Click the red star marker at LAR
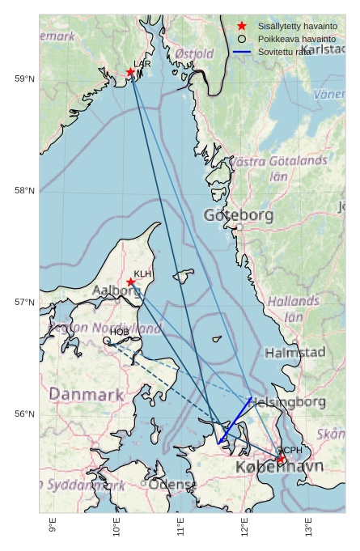130,73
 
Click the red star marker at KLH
131,282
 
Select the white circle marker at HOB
107,341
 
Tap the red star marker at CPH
281,460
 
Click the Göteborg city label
239,216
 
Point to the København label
279,468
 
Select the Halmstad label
294,353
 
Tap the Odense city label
172,485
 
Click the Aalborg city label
117,290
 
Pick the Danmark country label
87,395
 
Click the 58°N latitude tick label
24,191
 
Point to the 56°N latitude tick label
24,414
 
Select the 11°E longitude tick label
180,526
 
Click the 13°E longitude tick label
308,526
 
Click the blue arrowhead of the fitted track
220,441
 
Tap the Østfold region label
194,54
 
